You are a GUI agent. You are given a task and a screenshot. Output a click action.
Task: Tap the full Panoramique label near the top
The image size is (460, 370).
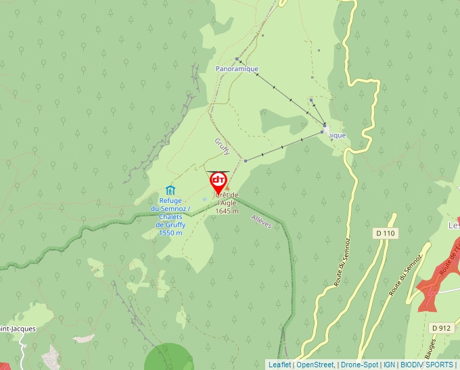[x=237, y=69]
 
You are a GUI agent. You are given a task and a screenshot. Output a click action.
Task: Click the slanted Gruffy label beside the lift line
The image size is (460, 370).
[x=223, y=146]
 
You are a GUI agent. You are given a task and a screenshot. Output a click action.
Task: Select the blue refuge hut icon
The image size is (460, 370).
[x=170, y=190]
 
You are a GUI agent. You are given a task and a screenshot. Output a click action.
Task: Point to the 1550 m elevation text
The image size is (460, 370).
[x=170, y=233]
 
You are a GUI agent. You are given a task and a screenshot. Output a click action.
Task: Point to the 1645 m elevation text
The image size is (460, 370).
[x=227, y=211]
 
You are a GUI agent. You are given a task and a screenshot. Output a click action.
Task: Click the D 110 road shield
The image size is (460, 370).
[x=386, y=233]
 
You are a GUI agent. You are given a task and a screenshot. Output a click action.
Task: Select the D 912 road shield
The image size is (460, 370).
[x=440, y=328]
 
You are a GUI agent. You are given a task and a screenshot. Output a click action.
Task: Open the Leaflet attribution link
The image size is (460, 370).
[x=279, y=365]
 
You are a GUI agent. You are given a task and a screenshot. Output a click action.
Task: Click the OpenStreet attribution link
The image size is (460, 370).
[x=315, y=365]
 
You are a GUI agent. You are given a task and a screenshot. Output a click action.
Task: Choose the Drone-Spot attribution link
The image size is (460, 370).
[x=359, y=365]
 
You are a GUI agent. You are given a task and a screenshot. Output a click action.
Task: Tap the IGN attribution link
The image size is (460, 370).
[x=389, y=365]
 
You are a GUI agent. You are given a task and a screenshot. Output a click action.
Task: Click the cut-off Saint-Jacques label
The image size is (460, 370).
[x=18, y=329]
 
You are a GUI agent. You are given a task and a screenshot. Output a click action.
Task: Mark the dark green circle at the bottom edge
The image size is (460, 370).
[x=169, y=359]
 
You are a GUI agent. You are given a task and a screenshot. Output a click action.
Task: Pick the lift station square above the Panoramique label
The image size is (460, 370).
[x=236, y=59]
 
